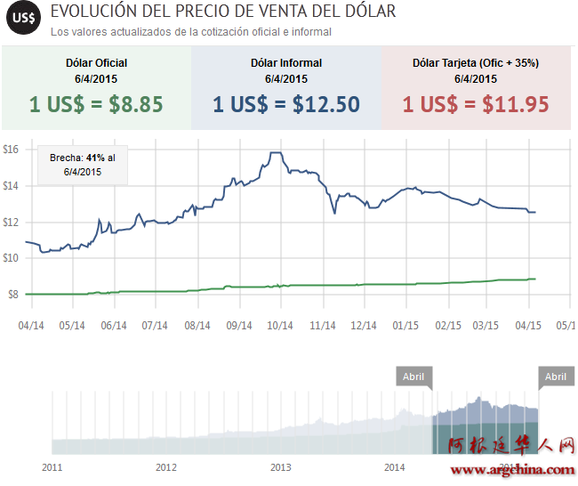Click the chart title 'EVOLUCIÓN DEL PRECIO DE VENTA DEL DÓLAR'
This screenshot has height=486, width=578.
click(223, 12)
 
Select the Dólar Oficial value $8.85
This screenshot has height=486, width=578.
click(96, 104)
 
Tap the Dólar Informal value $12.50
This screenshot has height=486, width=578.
click(286, 104)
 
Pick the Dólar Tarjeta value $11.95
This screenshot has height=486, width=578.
click(476, 104)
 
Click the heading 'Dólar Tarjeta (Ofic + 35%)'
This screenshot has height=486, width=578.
click(476, 63)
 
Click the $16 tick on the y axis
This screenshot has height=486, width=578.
click(11, 150)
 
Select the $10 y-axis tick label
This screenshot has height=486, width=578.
click(11, 258)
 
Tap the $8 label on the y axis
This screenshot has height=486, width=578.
click(12, 295)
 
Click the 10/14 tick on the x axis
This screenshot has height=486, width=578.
click(280, 326)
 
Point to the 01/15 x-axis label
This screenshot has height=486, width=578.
click(405, 326)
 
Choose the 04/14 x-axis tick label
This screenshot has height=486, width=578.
click(31, 326)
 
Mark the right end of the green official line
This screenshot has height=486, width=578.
click(535, 279)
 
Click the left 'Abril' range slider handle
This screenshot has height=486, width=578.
click(413, 377)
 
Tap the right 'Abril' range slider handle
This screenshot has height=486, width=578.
click(555, 377)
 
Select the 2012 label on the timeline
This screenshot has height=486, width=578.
click(166, 466)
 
